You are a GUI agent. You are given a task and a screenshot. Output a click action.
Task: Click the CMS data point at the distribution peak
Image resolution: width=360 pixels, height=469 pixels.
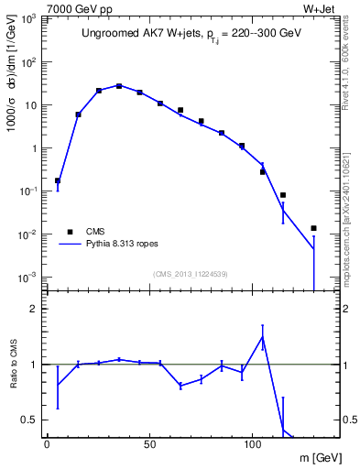[119, 86]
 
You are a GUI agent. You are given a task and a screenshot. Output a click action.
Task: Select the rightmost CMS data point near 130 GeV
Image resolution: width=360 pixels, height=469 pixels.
[313, 228]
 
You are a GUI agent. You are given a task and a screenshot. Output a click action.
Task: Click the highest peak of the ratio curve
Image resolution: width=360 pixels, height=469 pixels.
[263, 337]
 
